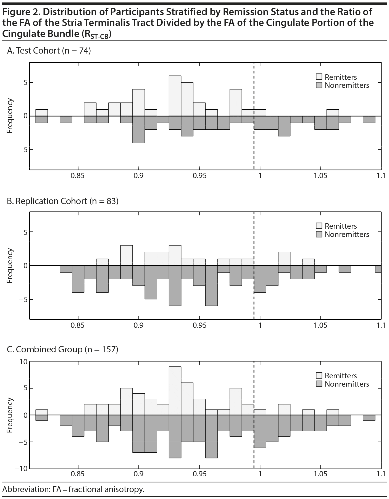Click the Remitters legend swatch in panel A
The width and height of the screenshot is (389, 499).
[319, 77]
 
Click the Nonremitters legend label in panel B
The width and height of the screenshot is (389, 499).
[347, 234]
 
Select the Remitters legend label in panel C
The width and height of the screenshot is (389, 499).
[341, 376]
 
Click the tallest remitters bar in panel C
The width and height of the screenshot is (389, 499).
[175, 391]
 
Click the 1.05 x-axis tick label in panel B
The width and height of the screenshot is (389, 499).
[320, 325]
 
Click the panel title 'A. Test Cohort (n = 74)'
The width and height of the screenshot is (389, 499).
[49, 51]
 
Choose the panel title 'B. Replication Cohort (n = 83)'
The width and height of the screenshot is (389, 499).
[63, 201]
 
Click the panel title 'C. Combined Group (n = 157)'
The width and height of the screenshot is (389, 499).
[62, 350]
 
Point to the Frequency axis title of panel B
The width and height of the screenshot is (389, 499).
[10, 266]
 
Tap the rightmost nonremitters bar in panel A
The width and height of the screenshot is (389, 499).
[369, 119]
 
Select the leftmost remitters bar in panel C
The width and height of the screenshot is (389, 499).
[42, 412]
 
